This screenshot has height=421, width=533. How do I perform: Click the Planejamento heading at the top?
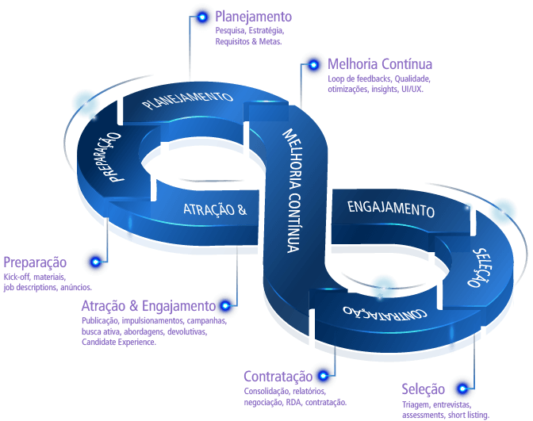coord(253,17)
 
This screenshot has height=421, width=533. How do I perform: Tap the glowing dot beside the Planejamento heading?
coord(202,16)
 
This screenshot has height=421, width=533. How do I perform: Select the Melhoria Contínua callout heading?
coord(379,64)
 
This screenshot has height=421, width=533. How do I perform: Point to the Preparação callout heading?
coord(35,262)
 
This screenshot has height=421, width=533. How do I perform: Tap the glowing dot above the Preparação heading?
coord(97,259)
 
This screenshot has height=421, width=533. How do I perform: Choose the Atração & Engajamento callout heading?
coord(146,306)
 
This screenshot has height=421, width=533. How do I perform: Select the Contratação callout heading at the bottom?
coord(277,377)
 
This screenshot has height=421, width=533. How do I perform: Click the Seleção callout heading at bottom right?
coord(424,389)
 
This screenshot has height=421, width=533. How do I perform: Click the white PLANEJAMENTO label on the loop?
coord(186,100)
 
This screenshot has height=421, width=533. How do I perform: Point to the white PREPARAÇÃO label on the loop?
coord(108,156)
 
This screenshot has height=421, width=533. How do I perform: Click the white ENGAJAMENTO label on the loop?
coord(391,210)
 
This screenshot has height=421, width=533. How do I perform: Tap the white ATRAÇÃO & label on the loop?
coord(215,210)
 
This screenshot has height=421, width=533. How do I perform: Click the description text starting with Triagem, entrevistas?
coord(446,409)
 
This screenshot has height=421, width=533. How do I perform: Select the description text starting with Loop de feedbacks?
coord(378,84)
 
